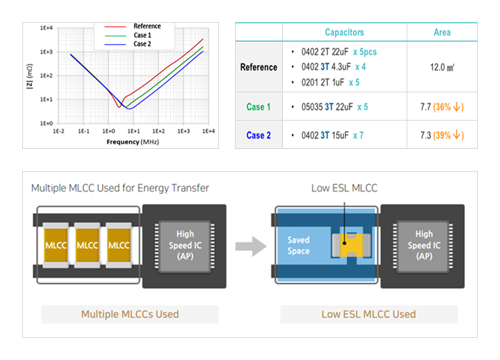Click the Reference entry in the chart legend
(147, 26)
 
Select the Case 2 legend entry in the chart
(142, 44)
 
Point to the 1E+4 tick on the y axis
(46, 28)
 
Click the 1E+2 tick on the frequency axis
(158, 131)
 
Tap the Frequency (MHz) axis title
(132, 142)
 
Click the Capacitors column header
(344, 32)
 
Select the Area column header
(442, 32)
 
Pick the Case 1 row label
(258, 107)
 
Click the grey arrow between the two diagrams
(251, 245)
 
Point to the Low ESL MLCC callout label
(344, 188)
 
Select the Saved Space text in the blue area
(298, 246)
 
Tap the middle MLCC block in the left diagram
(87, 245)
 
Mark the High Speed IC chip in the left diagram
(185, 245)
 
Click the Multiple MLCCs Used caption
(130, 314)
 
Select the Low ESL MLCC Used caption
(368, 314)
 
